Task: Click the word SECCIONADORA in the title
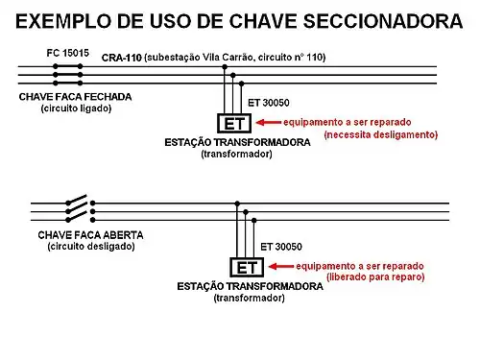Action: click(369, 19)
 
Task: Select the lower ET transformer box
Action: click(247, 268)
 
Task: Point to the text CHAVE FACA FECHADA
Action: click(75, 97)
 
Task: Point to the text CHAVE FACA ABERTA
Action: click(90, 235)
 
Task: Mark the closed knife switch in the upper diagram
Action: click(68, 74)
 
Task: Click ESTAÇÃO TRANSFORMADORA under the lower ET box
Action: click(248, 286)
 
